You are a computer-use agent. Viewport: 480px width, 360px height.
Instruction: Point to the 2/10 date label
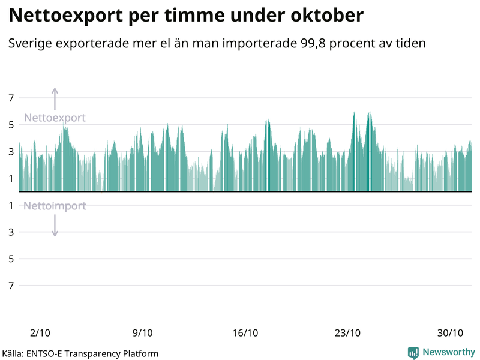pyautogui.click(x=40, y=333)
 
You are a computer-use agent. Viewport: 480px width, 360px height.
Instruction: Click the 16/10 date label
pyautogui.click(x=245, y=333)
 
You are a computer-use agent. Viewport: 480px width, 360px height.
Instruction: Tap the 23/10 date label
pyautogui.click(x=347, y=333)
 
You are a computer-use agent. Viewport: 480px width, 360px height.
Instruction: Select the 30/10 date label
pyautogui.click(x=450, y=333)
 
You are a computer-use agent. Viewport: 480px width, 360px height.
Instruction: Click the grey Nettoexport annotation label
pyautogui.click(x=55, y=118)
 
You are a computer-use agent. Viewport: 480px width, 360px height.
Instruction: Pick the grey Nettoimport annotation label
pyautogui.click(x=55, y=206)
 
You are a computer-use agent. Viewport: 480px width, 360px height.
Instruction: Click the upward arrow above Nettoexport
pyautogui.click(x=55, y=98)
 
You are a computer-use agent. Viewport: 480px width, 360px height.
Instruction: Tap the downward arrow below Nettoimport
pyautogui.click(x=55, y=226)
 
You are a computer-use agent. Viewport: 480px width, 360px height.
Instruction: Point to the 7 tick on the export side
pyautogui.click(x=11, y=98)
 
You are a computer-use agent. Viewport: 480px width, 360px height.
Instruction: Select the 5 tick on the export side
pyautogui.click(x=11, y=125)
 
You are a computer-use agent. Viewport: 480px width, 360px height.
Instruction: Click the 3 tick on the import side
pyautogui.click(x=11, y=232)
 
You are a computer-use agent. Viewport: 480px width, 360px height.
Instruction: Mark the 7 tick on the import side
pyautogui.click(x=11, y=286)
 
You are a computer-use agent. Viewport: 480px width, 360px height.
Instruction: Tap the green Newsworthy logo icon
pyautogui.click(x=413, y=353)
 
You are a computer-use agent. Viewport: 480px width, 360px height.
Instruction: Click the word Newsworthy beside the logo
pyautogui.click(x=448, y=352)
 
